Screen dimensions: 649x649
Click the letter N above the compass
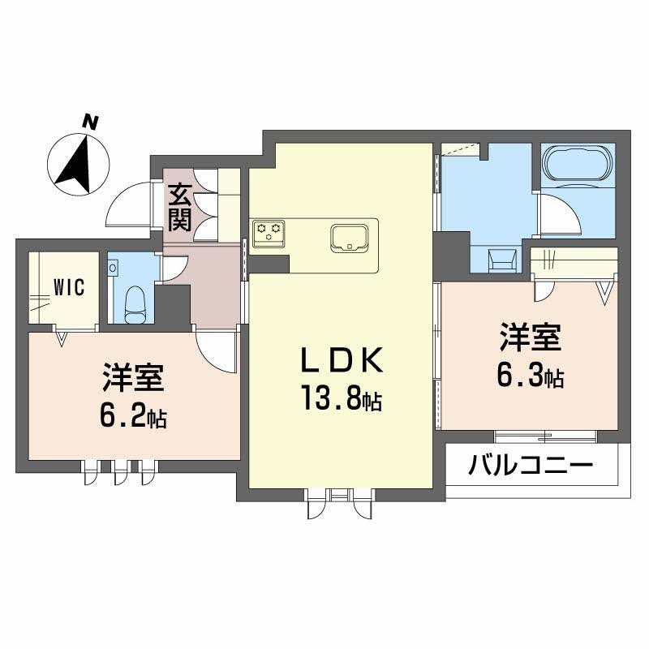(90, 122)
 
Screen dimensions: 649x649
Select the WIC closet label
(69, 287)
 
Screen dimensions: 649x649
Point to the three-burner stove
(269, 232)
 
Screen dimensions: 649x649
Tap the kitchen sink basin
(350, 238)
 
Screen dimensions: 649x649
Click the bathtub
(578, 163)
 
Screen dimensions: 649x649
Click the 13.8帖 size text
(342, 398)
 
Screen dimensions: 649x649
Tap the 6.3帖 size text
(531, 375)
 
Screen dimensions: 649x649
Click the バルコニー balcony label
(531, 465)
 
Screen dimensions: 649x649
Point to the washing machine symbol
(502, 260)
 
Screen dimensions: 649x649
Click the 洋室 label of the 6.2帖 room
(134, 377)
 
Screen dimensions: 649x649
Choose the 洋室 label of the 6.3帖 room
(531, 337)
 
